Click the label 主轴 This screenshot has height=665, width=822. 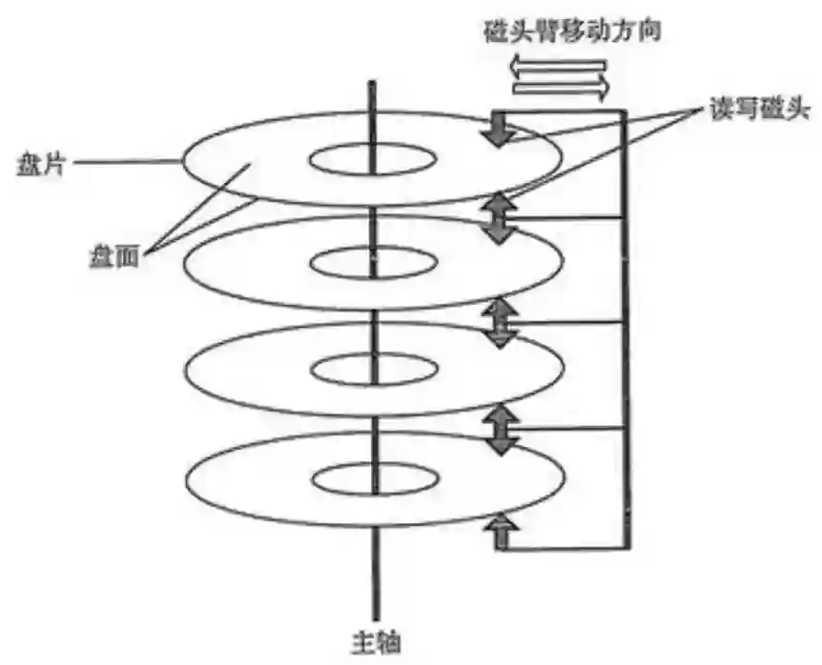374,641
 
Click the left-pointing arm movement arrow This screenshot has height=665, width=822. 559,68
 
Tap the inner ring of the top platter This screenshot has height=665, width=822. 373,159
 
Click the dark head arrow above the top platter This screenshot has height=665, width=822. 497,130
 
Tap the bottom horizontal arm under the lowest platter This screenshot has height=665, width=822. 563,548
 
